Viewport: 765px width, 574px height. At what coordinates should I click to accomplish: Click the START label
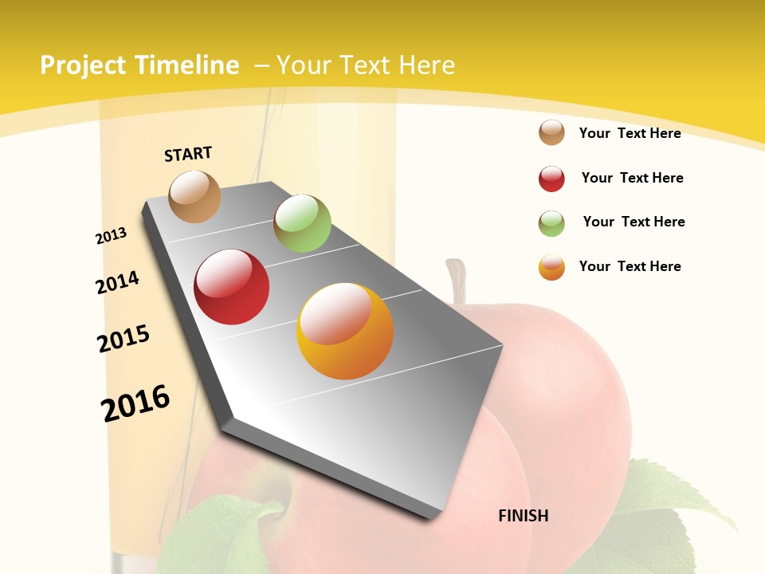pyautogui.click(x=188, y=154)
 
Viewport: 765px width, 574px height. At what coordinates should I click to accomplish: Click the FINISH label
pyautogui.click(x=524, y=516)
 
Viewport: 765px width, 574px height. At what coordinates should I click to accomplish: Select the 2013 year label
pyautogui.click(x=112, y=236)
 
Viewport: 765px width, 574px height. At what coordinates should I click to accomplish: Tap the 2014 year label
pyautogui.click(x=118, y=282)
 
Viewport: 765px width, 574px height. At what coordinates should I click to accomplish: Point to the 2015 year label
pyautogui.click(x=124, y=339)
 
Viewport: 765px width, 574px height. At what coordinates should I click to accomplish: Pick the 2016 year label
pyautogui.click(x=136, y=403)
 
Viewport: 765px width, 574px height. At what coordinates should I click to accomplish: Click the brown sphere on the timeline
pyautogui.click(x=195, y=196)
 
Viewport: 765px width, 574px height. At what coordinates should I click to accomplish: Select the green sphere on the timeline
pyautogui.click(x=302, y=223)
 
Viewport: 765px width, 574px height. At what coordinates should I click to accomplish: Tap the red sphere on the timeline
pyautogui.click(x=232, y=287)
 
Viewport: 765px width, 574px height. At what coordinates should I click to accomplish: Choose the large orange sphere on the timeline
pyautogui.click(x=345, y=331)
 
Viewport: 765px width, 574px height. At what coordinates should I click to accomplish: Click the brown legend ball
pyautogui.click(x=551, y=133)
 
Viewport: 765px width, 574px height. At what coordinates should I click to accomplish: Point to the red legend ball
pyautogui.click(x=551, y=179)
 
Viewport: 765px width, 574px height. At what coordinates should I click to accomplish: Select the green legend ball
pyautogui.click(x=551, y=223)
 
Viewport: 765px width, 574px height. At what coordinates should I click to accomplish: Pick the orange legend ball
pyautogui.click(x=551, y=267)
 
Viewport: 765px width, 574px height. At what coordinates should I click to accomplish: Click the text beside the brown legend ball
pyautogui.click(x=630, y=133)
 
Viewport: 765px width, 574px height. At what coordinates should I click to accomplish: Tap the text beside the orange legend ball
pyautogui.click(x=630, y=266)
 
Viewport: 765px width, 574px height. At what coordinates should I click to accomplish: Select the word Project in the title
pyautogui.click(x=84, y=65)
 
